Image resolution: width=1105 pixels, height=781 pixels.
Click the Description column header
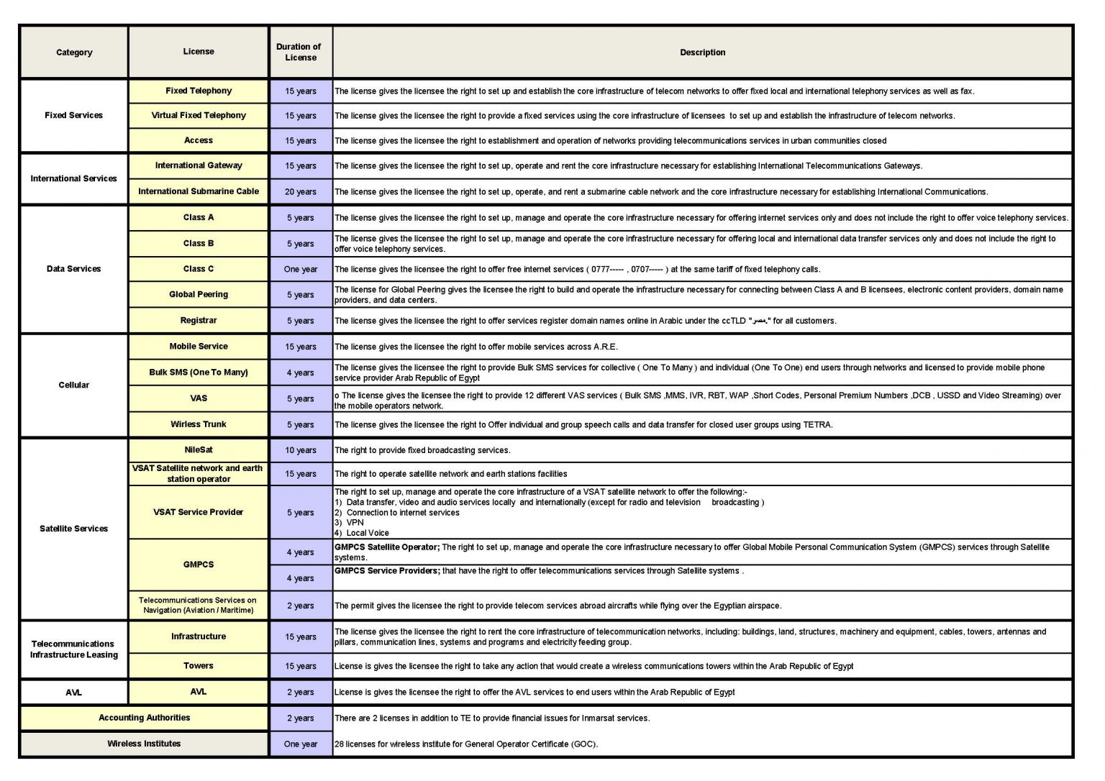pyautogui.click(x=702, y=52)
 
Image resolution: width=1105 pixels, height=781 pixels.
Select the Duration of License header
pyautogui.click(x=300, y=52)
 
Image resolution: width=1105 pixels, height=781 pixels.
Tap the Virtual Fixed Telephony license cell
pyautogui.click(x=199, y=115)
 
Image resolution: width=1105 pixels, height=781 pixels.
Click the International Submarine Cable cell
pyautogui.click(x=199, y=191)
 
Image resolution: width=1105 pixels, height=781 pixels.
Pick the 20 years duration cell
pyautogui.click(x=301, y=192)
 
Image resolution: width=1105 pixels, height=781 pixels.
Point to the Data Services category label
pyautogui.click(x=73, y=269)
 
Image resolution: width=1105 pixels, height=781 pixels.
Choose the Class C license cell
pyautogui.click(x=199, y=269)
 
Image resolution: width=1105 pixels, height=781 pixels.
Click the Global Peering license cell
pyautogui.click(x=199, y=294)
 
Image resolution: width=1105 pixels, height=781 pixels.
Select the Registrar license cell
pyautogui.click(x=199, y=321)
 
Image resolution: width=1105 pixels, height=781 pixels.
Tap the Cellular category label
pyautogui.click(x=73, y=385)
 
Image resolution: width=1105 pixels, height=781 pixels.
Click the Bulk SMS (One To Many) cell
pyautogui.click(x=199, y=373)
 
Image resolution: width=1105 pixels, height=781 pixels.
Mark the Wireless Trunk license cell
pyautogui.click(x=199, y=424)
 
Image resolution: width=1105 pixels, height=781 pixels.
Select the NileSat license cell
pyautogui.click(x=199, y=450)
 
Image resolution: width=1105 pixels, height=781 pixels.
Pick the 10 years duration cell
pyautogui.click(x=301, y=450)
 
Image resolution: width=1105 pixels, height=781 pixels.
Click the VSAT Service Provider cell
pyautogui.click(x=199, y=512)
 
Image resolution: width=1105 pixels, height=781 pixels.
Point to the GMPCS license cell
pyautogui.click(x=199, y=565)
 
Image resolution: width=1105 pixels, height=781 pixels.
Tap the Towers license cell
pyautogui.click(x=199, y=666)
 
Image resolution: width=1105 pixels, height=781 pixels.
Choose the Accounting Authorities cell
pyautogui.click(x=144, y=718)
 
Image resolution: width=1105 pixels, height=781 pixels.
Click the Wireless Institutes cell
pyautogui.click(x=144, y=744)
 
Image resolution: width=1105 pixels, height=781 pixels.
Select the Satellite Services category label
pyautogui.click(x=73, y=529)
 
